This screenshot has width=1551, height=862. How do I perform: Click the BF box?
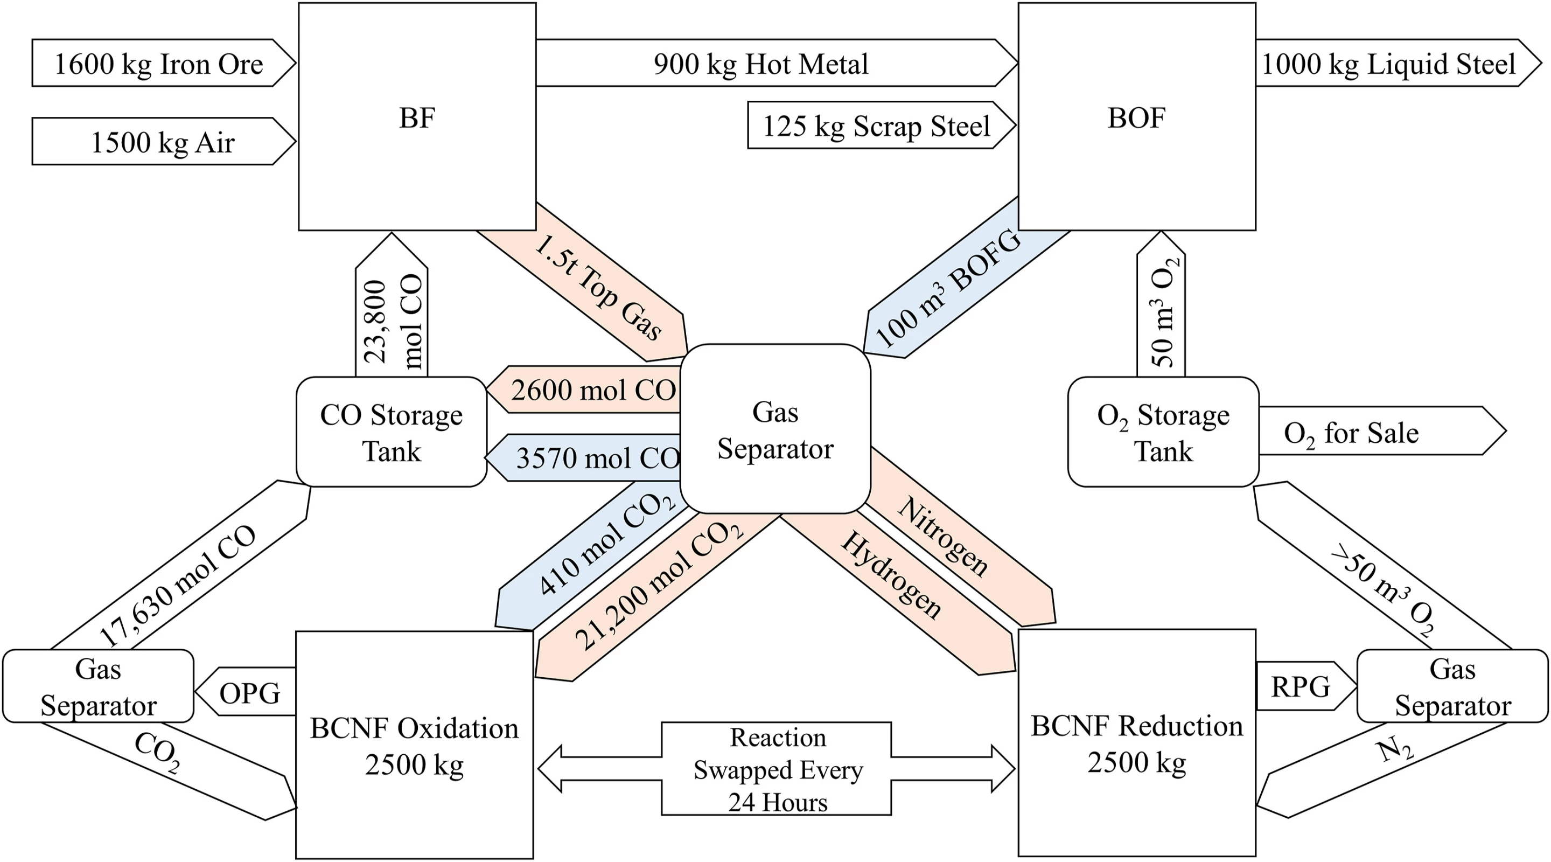[x=417, y=116]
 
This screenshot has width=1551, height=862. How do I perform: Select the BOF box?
[x=1136, y=116]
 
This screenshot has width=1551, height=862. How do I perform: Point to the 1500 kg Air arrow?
[x=162, y=142]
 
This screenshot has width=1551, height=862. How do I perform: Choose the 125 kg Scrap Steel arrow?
[x=876, y=126]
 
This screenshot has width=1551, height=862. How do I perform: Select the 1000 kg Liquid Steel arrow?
[x=1388, y=63]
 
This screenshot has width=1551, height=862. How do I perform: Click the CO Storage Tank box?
[x=392, y=432]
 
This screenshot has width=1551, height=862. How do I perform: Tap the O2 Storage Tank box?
[x=1163, y=432]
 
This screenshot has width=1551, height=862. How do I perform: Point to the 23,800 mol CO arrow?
[x=392, y=319]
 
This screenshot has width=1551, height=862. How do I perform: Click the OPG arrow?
[x=250, y=692]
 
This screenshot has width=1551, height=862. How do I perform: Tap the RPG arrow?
[x=1301, y=686]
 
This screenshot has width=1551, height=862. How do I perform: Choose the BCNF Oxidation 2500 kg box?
[x=414, y=745]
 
